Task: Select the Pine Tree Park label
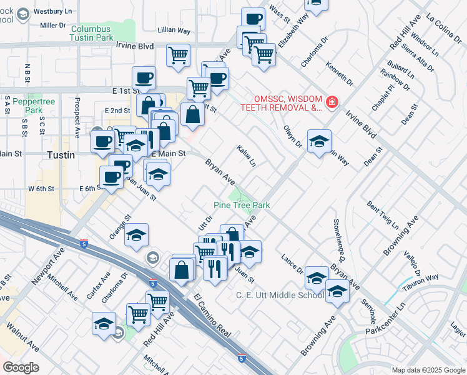tap(242, 205)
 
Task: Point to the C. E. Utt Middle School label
tap(280, 295)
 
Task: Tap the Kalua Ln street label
tap(246, 156)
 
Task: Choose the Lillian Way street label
tap(174, 30)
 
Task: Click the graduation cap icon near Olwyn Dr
tap(319, 141)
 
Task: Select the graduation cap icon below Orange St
tap(137, 235)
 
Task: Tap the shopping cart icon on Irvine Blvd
tap(179, 54)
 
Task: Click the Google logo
tap(20, 367)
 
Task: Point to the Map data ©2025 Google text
tap(428, 370)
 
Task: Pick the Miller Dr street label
tap(52, 25)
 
